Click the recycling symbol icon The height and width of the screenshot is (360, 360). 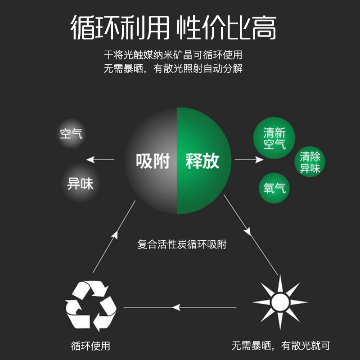tap(91, 306)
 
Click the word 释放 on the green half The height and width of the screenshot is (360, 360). tap(202, 161)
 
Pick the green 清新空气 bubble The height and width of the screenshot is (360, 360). tap(275, 139)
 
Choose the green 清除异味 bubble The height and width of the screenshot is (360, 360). tap(310, 163)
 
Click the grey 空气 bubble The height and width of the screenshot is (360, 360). tap(72, 134)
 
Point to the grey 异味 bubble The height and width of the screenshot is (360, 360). tap(80, 184)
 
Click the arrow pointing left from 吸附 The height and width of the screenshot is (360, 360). tap(100, 159)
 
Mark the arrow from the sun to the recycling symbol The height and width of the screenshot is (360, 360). tap(180, 307)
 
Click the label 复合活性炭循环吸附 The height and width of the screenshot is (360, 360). tap(182, 245)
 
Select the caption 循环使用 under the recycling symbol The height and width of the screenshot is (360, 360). tap(90, 346)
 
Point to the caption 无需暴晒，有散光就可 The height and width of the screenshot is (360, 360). tap(281, 346)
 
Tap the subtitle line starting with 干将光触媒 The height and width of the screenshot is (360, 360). tap(173, 55)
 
